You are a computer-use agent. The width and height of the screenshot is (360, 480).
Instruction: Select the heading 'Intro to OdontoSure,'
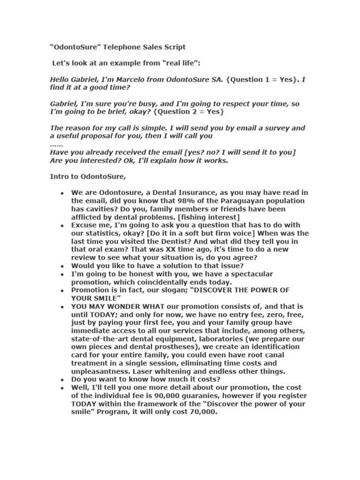pos(88,176)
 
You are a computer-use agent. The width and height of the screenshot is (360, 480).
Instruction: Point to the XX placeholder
pos(157,249)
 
